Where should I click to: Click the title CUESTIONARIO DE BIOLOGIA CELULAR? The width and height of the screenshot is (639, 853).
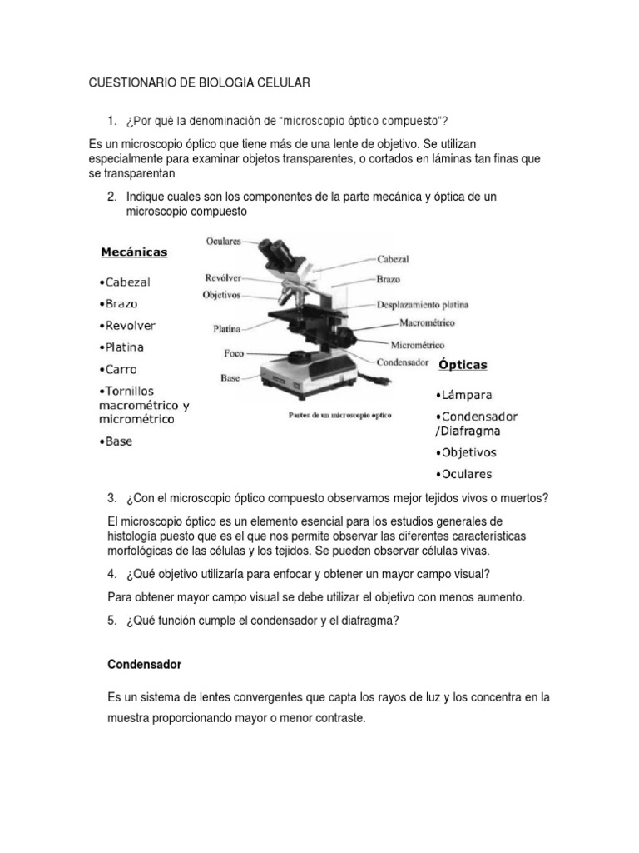coord(199,83)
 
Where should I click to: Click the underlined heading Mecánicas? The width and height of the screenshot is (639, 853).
coord(134,252)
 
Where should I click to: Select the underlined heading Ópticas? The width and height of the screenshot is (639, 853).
coord(463,365)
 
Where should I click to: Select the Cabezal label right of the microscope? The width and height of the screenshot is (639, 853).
coord(392,260)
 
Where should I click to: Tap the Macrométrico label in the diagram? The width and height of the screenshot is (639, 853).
coord(427,322)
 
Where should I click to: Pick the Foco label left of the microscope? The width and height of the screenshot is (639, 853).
coord(234,353)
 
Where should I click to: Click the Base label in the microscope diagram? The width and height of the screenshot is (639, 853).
coord(230,377)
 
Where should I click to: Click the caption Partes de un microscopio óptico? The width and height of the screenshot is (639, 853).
coord(339,414)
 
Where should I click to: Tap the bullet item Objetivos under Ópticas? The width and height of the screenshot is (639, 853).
coord(465,453)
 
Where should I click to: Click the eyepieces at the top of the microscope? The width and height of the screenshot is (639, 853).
coord(274,250)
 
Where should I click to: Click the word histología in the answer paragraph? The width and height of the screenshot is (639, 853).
coord(141,535)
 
